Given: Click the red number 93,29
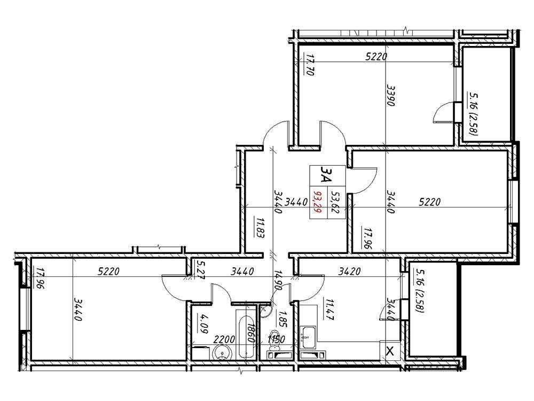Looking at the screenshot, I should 317,203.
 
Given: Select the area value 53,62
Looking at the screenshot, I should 336,203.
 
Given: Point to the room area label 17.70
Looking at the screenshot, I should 309,65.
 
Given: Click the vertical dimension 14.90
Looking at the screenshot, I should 278,280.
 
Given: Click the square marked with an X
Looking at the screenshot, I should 390,351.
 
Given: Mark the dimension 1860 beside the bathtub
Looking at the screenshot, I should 250,336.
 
